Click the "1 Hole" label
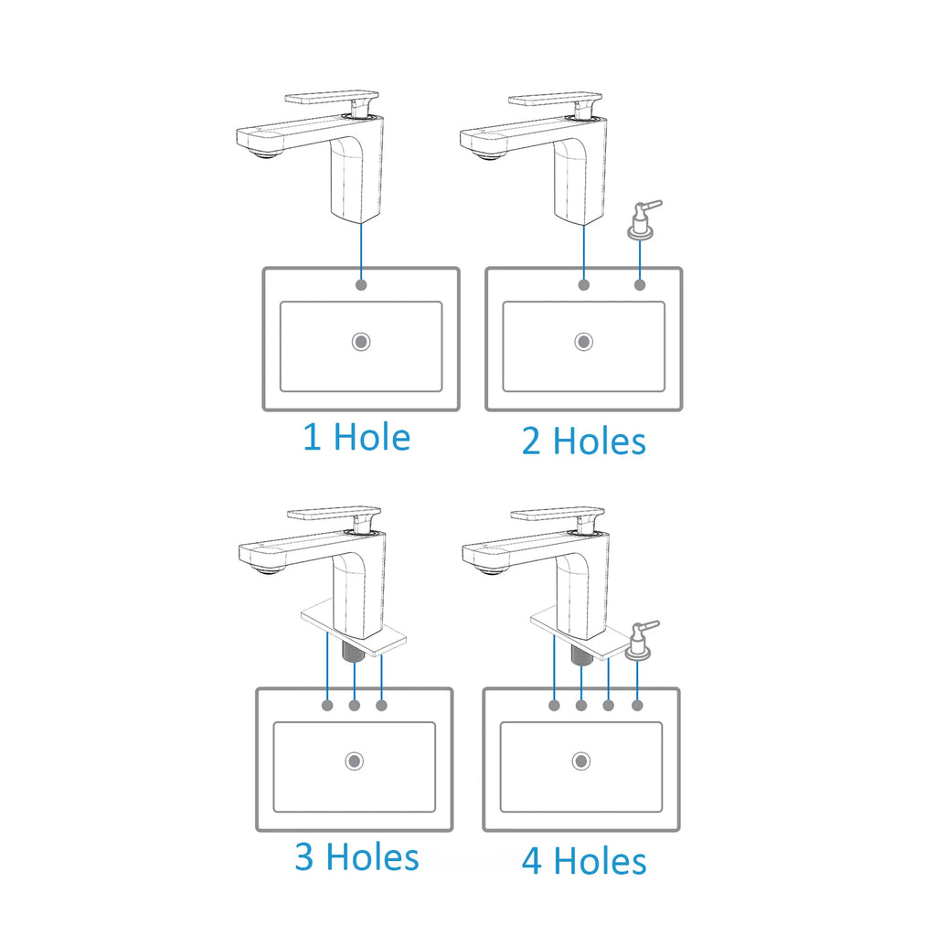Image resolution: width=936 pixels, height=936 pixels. click(356, 437)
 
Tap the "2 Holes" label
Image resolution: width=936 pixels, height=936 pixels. click(584, 441)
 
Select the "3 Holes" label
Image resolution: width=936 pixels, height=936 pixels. click(357, 857)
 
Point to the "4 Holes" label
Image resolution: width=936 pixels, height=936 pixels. click(584, 861)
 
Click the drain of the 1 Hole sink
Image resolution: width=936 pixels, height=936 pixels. click(361, 342)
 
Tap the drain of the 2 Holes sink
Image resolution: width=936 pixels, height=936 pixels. click(584, 342)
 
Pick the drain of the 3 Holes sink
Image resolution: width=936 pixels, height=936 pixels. click(355, 761)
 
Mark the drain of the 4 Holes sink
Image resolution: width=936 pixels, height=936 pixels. click(581, 761)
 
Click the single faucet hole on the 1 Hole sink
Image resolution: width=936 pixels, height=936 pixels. click(361, 285)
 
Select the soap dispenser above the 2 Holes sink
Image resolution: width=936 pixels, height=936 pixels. click(643, 220)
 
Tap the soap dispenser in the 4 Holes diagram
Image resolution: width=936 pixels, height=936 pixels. click(640, 641)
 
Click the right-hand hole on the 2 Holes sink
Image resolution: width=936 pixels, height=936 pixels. click(640, 285)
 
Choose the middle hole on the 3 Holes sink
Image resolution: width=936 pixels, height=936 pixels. click(355, 706)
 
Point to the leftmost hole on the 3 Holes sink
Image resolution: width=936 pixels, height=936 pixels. click(327, 706)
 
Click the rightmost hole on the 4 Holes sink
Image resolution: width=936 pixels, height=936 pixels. click(637, 706)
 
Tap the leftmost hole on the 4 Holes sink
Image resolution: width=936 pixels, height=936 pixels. click(555, 706)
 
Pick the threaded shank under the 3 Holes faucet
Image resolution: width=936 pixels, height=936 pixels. click(355, 651)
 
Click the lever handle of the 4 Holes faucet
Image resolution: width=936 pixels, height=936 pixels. click(558, 514)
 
